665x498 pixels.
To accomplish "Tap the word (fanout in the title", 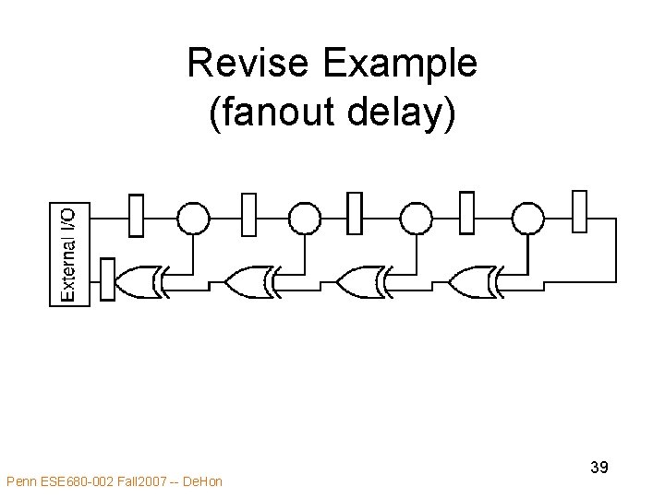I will tap(270, 114).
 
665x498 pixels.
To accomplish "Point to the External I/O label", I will tap(69, 254).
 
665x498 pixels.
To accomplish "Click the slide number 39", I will tap(598, 468).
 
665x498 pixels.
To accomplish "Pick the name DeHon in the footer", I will tap(203, 480).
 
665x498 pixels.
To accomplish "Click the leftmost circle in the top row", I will tap(193, 219).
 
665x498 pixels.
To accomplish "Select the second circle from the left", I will tap(305, 219).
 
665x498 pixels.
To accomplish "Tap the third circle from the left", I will tap(416, 219).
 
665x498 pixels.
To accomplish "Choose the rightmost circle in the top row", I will tap(528, 219).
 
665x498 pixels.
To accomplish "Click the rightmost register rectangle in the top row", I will tap(579, 212).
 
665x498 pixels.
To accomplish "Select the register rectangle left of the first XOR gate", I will tap(106, 279).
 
